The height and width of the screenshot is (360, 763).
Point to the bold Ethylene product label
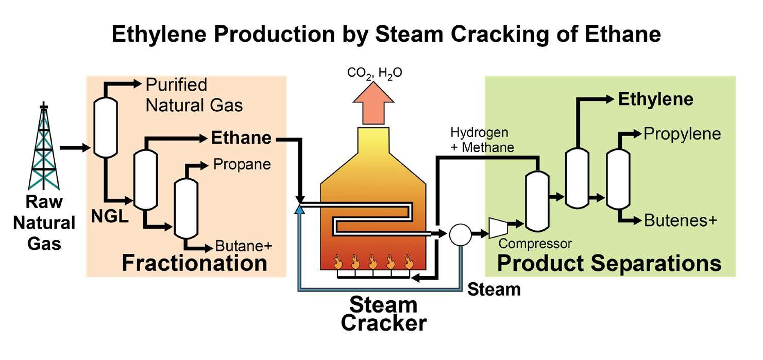pyautogui.click(x=655, y=99)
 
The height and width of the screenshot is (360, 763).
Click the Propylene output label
pyautogui.click(x=682, y=134)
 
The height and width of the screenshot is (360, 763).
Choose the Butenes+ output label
pyautogui.click(x=680, y=220)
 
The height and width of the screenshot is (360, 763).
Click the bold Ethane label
pyautogui.click(x=241, y=138)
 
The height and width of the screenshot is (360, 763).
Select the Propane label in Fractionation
pyautogui.click(x=242, y=165)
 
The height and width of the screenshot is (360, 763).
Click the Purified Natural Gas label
pyautogui.click(x=194, y=95)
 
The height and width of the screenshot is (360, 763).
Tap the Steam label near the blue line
pyautogui.click(x=494, y=289)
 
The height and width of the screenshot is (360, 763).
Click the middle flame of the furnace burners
pyautogui.click(x=372, y=261)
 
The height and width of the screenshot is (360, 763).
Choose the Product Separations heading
pyautogui.click(x=609, y=263)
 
